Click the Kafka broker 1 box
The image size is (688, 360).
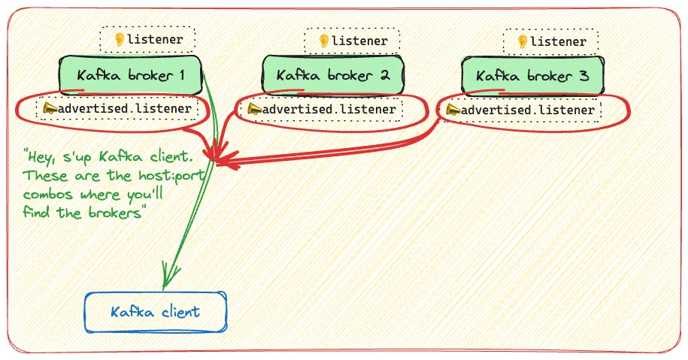(x=131, y=75)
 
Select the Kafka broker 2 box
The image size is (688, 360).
(x=333, y=75)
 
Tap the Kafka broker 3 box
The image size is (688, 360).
(x=532, y=76)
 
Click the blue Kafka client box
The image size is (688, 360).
(x=156, y=311)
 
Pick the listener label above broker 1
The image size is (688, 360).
(x=148, y=39)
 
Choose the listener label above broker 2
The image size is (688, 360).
(x=352, y=41)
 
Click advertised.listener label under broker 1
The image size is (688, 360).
(x=121, y=110)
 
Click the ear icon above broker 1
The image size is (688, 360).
(x=119, y=39)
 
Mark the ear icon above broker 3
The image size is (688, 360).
(x=521, y=41)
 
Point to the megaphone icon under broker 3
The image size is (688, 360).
(x=453, y=110)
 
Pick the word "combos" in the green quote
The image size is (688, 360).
(x=49, y=195)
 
